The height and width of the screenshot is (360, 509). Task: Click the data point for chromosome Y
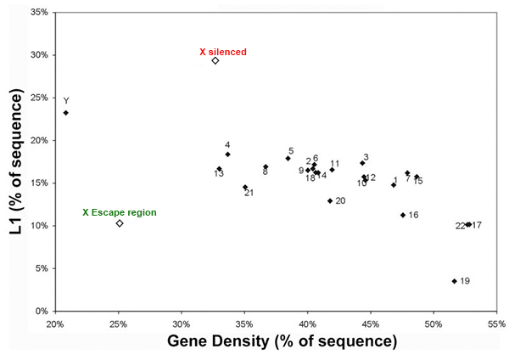66,112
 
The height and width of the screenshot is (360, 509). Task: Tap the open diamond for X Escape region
120,223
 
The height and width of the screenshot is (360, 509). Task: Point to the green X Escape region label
119,212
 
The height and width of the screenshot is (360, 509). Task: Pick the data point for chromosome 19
455,281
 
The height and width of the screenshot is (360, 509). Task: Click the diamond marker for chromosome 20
330,201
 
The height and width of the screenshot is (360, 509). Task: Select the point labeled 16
403,215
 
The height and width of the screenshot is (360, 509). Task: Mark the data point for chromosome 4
227,154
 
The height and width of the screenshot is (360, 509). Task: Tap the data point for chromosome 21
245,188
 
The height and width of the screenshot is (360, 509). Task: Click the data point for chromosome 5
288,158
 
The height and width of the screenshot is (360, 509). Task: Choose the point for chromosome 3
362,163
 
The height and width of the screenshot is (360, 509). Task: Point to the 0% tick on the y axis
40,312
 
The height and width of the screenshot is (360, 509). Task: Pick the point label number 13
219,173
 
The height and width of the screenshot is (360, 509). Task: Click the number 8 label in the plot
266,172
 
